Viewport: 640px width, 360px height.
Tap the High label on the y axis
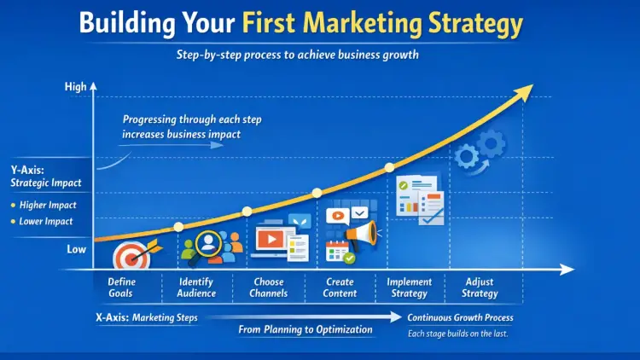75,87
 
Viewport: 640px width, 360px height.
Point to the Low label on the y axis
76,249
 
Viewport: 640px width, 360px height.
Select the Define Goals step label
121,287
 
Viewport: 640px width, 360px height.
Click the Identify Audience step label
197,287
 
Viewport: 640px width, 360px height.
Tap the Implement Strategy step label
410,287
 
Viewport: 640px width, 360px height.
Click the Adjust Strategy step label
480,287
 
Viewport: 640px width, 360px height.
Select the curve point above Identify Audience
178,227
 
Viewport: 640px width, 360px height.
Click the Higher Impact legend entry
44,205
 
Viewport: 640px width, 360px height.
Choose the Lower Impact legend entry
44,222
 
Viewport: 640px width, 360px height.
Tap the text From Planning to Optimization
305,329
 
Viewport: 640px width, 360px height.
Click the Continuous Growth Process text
460,318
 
